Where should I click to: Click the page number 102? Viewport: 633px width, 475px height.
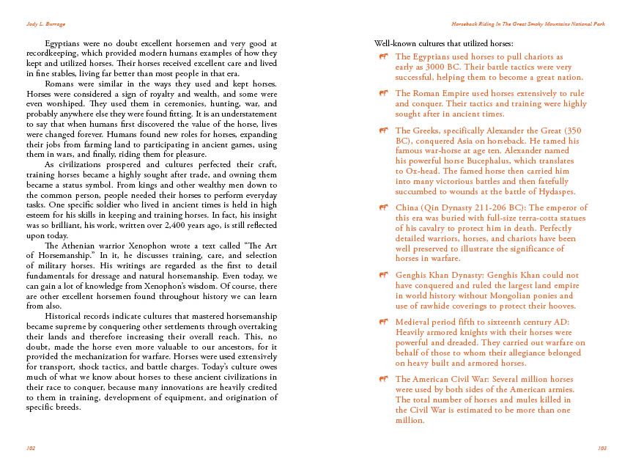31,447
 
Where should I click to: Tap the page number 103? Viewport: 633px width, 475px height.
602,447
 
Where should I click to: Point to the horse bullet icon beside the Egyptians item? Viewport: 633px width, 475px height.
384,56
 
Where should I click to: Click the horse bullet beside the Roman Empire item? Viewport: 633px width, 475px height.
384,93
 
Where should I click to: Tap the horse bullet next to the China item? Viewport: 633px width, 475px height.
384,208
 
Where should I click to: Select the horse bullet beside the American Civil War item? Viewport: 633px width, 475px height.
384,379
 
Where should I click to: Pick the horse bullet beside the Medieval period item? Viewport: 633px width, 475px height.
384,322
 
